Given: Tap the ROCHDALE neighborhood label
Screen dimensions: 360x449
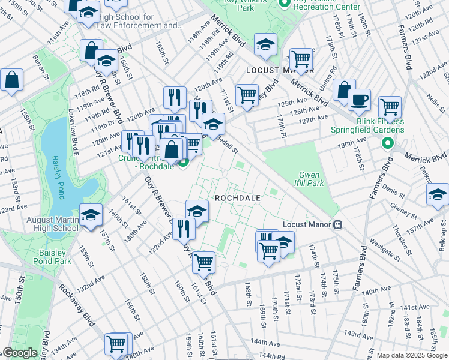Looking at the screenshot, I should [237, 197].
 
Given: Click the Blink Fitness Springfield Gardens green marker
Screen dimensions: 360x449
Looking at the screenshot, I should [387, 144].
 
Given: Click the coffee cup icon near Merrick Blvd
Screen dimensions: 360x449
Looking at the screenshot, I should [359, 100].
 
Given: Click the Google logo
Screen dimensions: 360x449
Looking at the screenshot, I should [19, 353].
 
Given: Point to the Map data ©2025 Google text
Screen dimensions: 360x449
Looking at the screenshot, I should [411, 355].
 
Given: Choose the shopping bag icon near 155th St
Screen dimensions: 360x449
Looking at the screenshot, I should [11, 80].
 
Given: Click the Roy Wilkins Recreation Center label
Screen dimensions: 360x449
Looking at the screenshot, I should [327, 7].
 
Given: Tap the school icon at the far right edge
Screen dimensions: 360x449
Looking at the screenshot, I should [438, 195].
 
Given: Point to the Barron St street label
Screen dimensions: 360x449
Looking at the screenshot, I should [42, 67].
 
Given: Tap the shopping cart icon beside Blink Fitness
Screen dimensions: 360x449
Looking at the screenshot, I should [390, 107].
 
